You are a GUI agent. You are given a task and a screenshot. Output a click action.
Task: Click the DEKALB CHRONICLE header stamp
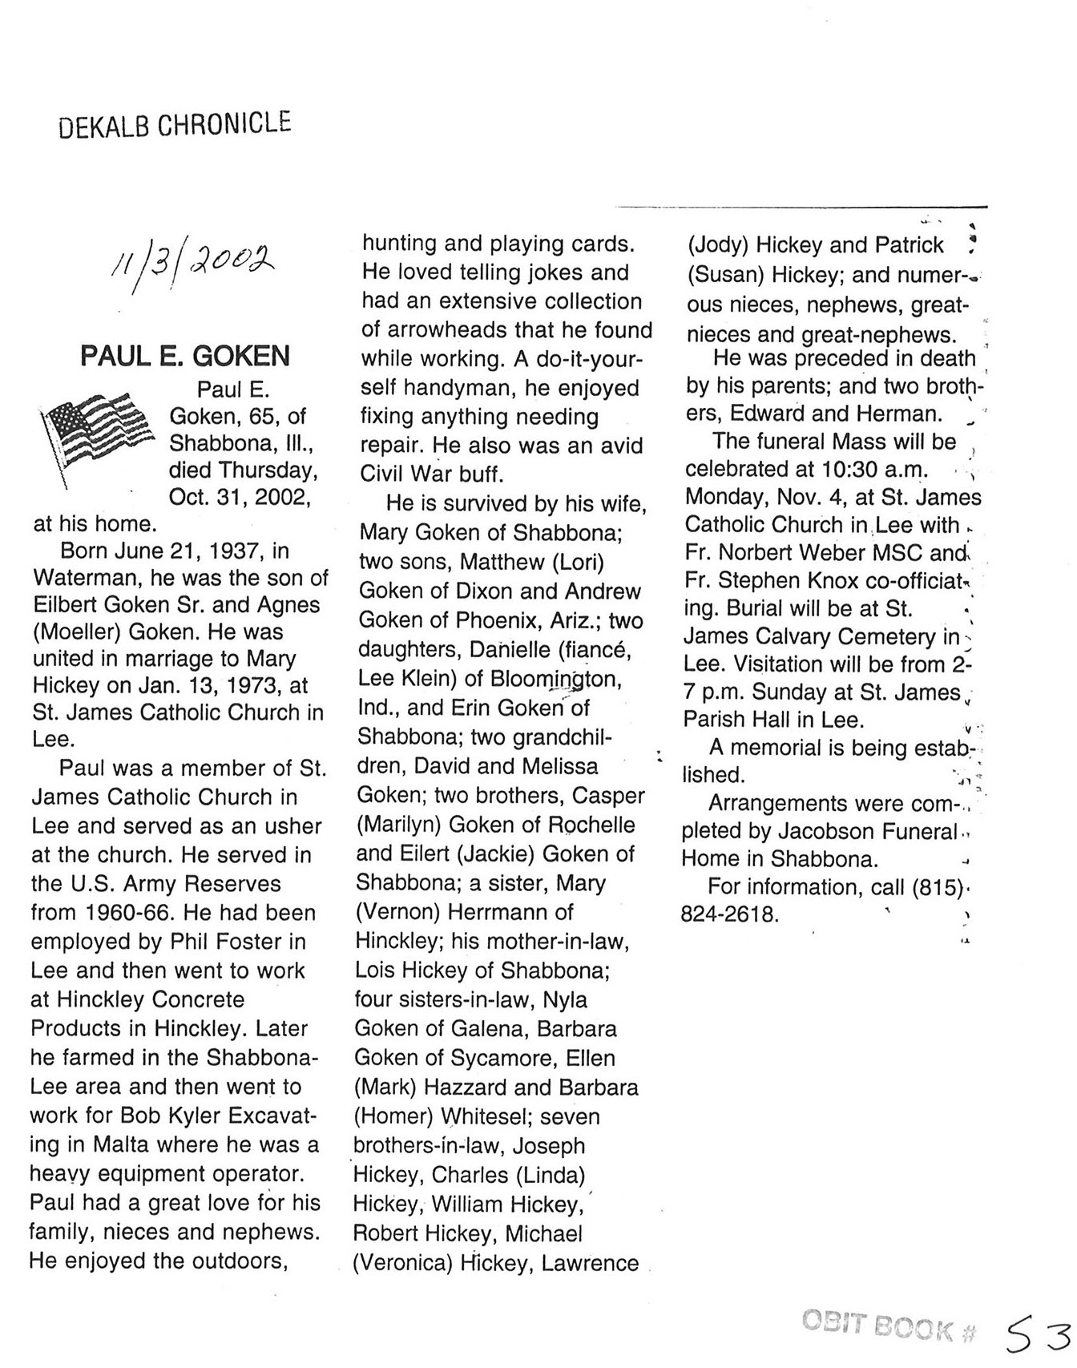tap(175, 125)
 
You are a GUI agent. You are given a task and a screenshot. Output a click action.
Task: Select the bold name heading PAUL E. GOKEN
tap(185, 356)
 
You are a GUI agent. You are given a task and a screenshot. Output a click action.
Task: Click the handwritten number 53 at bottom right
tap(1038, 1334)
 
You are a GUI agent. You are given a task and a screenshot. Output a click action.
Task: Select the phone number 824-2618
tap(729, 914)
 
